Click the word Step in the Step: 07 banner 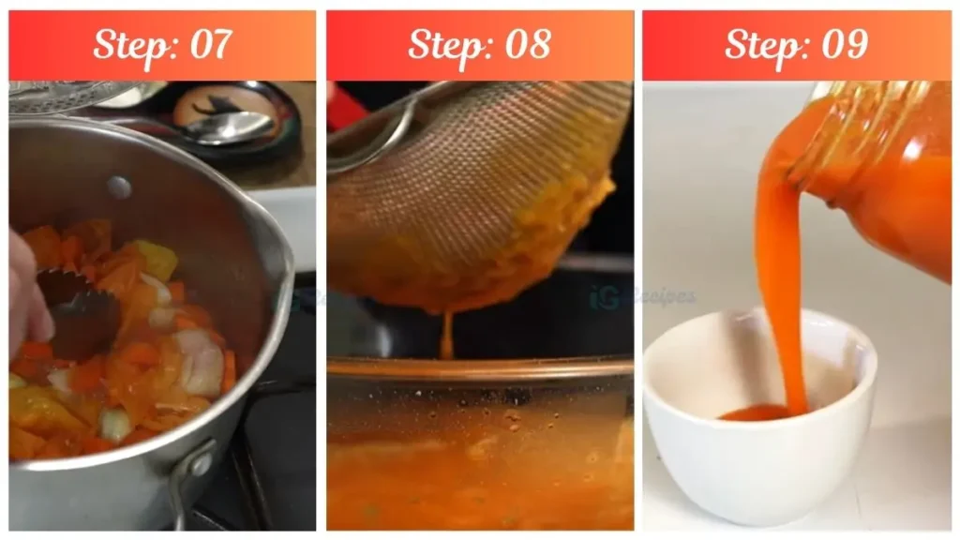pos(131,44)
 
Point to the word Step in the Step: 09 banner pos(763,44)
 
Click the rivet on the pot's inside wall pos(118,187)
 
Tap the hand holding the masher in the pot pos(26,291)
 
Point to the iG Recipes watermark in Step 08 pos(643,297)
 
